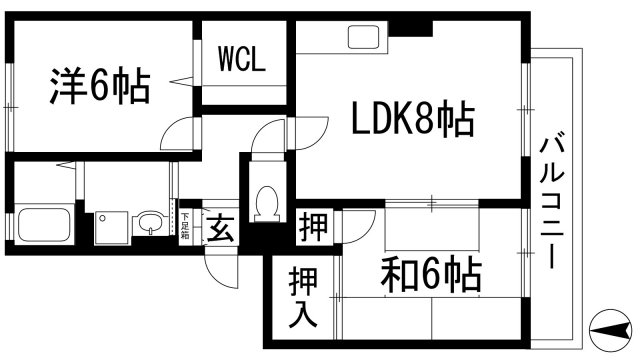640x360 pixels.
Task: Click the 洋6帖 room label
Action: (100, 86)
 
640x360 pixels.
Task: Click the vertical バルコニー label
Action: (551, 200)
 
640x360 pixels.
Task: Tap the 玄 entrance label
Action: (220, 228)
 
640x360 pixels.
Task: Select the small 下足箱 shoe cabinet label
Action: (184, 226)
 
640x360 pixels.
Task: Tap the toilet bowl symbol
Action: (267, 205)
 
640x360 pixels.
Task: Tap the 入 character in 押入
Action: (304, 314)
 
